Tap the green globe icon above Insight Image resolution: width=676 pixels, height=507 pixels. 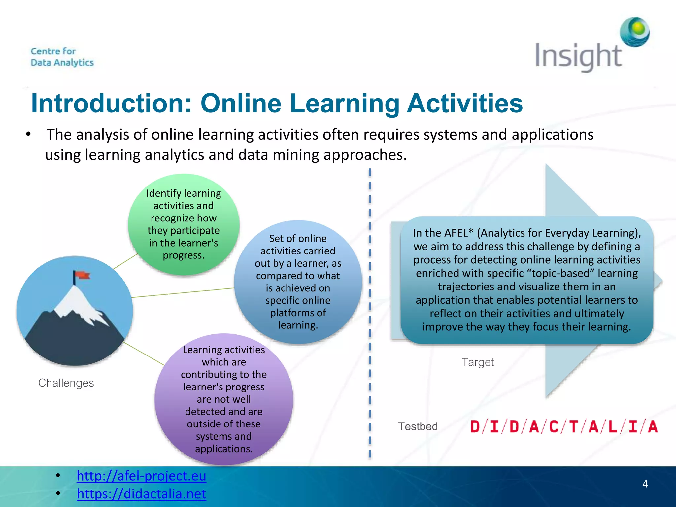tap(635, 32)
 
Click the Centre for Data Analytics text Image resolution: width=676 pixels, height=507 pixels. tap(62, 57)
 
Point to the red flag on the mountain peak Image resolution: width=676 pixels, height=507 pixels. tap(82, 275)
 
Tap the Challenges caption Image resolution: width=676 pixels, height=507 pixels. tap(66, 383)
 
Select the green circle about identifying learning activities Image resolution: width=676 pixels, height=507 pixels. tap(184, 224)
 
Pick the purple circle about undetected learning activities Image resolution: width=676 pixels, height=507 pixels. tap(224, 399)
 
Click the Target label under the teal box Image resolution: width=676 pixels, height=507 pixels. tap(478, 362)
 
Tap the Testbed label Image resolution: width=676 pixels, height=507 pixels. tap(418, 426)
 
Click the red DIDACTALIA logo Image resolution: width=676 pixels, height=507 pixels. tap(564, 426)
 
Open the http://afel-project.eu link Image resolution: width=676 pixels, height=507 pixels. tap(141, 476)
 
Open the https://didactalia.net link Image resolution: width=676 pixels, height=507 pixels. tap(141, 494)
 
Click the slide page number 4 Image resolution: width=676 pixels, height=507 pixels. tap(645, 484)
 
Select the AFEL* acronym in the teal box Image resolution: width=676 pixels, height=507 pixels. tap(459, 233)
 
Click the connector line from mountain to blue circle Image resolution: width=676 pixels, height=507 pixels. tap(183, 293)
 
